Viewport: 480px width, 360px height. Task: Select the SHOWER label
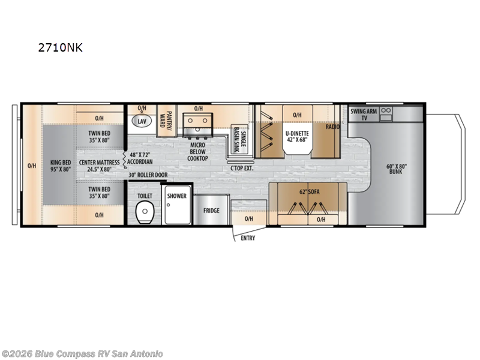click(x=177, y=196)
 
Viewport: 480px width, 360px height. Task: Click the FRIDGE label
click(x=211, y=211)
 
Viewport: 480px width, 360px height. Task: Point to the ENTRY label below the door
click(x=248, y=238)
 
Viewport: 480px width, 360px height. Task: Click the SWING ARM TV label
click(x=363, y=114)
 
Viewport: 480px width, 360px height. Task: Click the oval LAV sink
click(x=142, y=121)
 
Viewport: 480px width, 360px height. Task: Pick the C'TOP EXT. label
click(x=242, y=167)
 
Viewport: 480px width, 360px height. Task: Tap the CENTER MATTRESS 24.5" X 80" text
click(x=98, y=166)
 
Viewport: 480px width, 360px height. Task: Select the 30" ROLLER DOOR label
click(x=148, y=175)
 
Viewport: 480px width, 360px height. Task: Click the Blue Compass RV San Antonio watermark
click(x=82, y=353)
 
